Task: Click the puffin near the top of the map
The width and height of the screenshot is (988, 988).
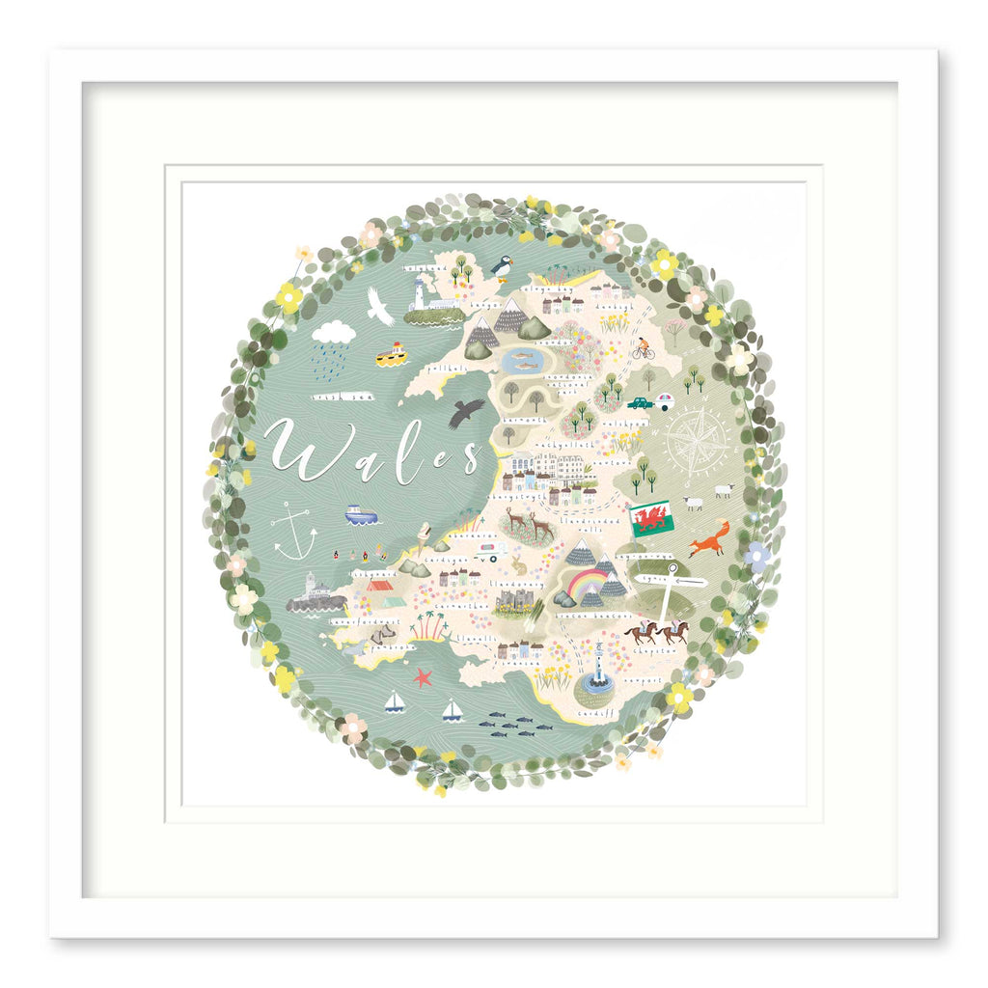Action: [502, 264]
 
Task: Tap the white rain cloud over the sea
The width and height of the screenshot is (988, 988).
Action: [334, 333]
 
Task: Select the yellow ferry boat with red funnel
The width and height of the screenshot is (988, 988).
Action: [392, 355]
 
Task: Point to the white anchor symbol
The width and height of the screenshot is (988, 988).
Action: [294, 532]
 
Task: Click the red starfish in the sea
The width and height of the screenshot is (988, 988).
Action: [423, 677]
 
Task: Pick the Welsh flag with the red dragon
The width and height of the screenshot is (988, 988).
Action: [651, 519]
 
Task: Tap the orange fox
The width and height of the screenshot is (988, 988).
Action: [710, 539]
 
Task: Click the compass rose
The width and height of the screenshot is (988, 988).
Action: [697, 443]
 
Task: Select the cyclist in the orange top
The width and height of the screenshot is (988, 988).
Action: [643, 348]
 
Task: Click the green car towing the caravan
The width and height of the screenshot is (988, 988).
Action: [641, 402]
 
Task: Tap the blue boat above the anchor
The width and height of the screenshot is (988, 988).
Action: [362, 514]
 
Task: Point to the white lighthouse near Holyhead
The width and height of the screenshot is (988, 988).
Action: [420, 294]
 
